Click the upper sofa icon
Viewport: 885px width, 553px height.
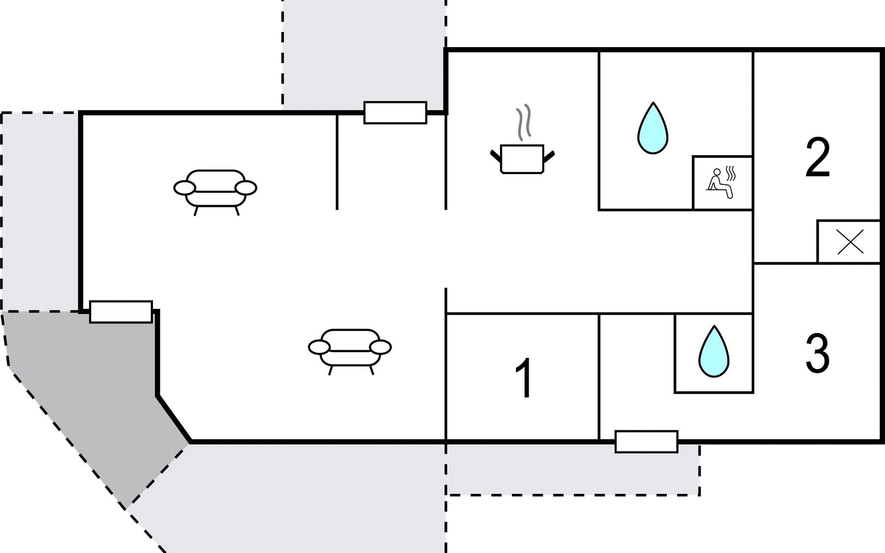pos(215,189)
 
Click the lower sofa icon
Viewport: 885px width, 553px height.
pos(349,348)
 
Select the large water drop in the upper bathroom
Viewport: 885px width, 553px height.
pos(653,129)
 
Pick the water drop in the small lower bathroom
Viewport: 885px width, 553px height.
pos(714,352)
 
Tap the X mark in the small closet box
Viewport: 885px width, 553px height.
pos(850,242)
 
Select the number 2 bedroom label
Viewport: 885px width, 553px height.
pos(818,158)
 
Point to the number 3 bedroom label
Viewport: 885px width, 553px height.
pos(818,353)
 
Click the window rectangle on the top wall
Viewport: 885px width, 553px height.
pos(395,113)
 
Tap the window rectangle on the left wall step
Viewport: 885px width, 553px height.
pos(121,312)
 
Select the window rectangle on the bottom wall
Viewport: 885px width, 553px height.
pos(646,441)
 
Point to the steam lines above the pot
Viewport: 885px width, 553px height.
pos(524,122)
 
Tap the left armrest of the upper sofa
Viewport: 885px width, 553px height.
pos(184,188)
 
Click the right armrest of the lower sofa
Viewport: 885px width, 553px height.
pos(380,347)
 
